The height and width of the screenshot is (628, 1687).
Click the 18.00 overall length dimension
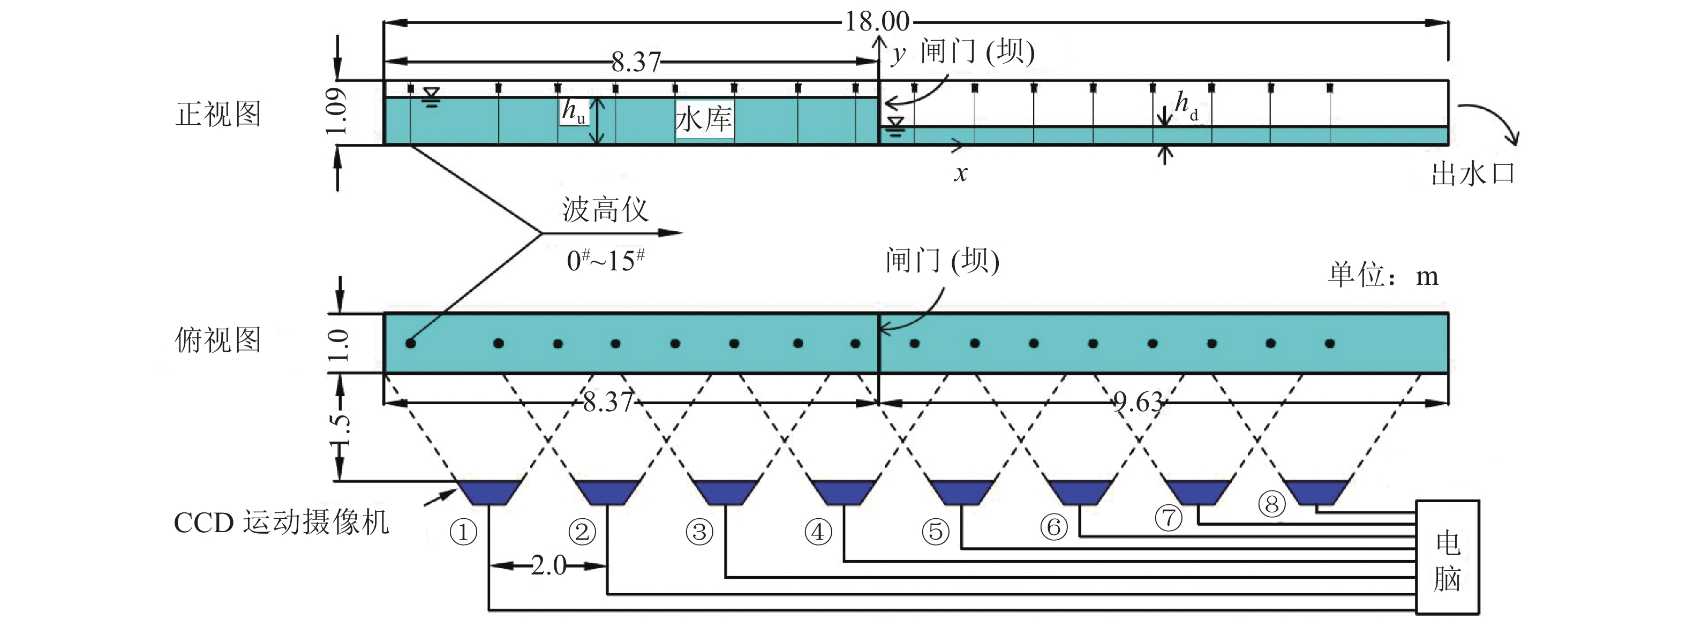876,21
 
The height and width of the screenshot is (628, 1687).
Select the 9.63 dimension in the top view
1138,402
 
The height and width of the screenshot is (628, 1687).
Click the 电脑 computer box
1447,557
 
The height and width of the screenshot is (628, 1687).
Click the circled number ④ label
818,532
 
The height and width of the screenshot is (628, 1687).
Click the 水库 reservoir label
703,120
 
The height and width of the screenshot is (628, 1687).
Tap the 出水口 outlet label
1473,173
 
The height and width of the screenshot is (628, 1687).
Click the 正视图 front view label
218,114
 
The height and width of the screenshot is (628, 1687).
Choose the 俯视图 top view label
218,341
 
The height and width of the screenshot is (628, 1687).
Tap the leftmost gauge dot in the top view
411,343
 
